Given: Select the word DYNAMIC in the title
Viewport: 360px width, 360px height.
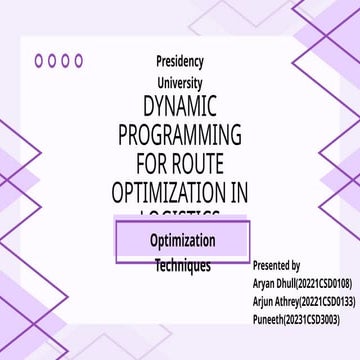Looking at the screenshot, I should point(181,107).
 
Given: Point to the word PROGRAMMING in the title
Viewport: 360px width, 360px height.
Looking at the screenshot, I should point(180,134).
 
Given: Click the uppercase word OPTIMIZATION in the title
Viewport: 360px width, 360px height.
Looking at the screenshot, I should point(167,189).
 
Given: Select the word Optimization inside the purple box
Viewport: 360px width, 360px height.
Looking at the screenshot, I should point(182,241).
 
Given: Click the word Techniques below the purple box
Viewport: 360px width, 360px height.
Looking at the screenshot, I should point(182,267).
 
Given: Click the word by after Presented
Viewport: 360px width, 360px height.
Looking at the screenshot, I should point(295,266).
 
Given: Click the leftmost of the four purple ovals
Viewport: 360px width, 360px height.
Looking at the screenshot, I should point(39,60).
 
